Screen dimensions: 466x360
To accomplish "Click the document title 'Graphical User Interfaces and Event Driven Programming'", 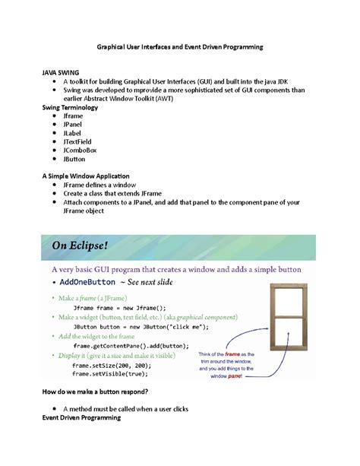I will pos(179,47).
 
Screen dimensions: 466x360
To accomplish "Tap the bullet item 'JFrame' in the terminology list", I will pos(75,117).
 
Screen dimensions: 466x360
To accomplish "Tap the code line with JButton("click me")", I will pos(129,325).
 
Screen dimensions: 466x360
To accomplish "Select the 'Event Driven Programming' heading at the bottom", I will pos(84,418).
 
